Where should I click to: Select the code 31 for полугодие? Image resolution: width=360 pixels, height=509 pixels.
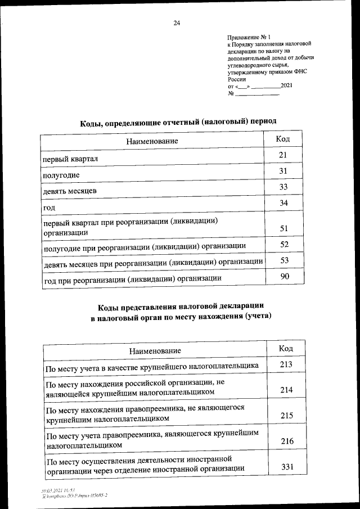pyautogui.click(x=283, y=171)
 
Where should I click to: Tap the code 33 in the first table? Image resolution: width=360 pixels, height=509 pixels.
pyautogui.click(x=283, y=187)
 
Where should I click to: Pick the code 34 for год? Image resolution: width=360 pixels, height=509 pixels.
pyautogui.click(x=283, y=202)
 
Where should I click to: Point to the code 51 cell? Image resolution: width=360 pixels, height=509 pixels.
pyautogui.click(x=283, y=228)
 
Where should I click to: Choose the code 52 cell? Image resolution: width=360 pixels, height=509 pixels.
pyautogui.click(x=284, y=244)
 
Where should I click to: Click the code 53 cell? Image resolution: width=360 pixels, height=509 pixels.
pyautogui.click(x=284, y=260)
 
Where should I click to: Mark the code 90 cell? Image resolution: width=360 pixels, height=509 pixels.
pyautogui.click(x=284, y=276)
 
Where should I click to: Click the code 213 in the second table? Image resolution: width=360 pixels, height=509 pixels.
pyautogui.click(x=286, y=364)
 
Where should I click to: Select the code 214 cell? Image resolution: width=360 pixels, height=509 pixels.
pyautogui.click(x=286, y=389)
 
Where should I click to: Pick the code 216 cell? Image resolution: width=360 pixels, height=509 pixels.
pyautogui.click(x=287, y=442)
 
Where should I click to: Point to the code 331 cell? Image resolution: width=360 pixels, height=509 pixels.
pyautogui.click(x=287, y=467)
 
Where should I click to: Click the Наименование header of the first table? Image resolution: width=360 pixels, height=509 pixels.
pyautogui.click(x=152, y=141)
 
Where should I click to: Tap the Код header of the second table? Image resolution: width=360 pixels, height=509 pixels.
pyautogui.click(x=286, y=349)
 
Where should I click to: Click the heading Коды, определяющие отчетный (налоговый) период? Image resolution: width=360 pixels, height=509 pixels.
pyautogui.click(x=178, y=121)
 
